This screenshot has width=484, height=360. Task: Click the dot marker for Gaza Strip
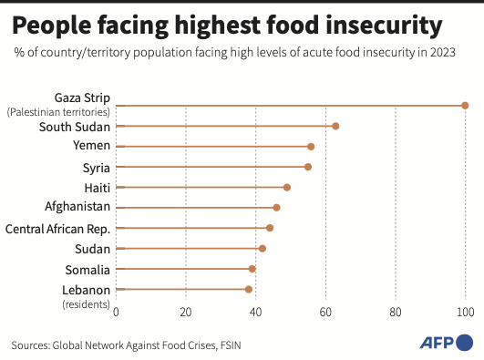465,106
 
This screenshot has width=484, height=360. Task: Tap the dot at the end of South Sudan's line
335,126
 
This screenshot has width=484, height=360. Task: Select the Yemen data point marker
311,146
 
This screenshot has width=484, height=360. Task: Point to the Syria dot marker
308,167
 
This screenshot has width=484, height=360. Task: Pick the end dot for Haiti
287,187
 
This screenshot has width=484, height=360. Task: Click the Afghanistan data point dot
276,208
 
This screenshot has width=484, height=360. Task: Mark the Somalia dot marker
252,269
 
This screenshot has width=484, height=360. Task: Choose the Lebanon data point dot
249,289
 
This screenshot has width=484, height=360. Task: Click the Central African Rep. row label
57,228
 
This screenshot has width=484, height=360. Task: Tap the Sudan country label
92,248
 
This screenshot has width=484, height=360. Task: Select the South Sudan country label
75,126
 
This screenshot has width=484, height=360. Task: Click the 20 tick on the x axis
186,312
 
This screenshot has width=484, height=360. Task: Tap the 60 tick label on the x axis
325,312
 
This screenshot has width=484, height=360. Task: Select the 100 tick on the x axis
465,312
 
